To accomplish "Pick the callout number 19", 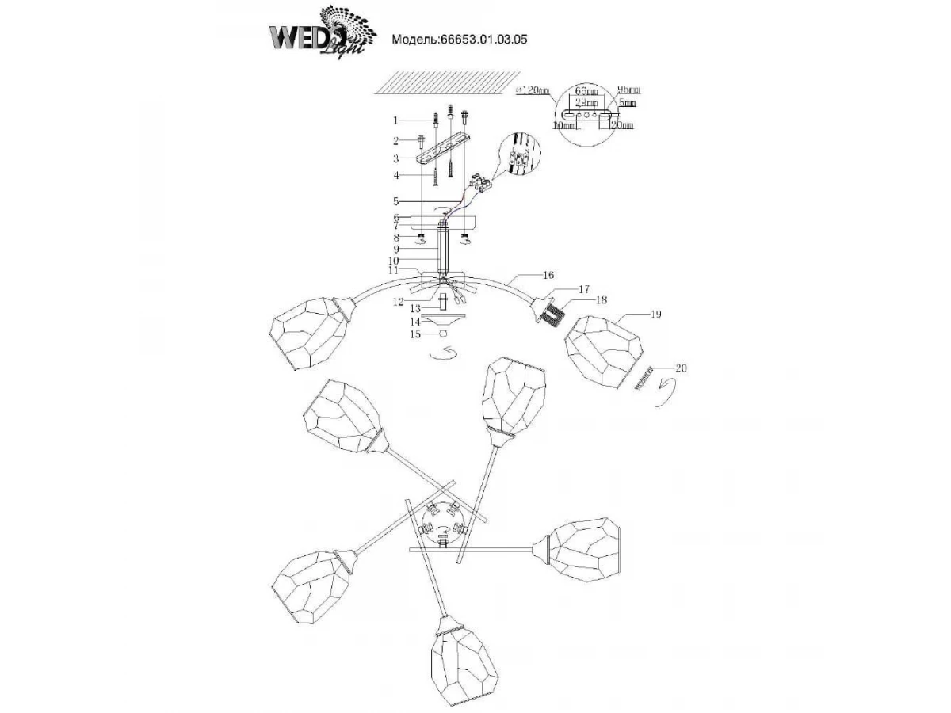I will [x=655, y=315].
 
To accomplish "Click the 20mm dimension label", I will [x=622, y=125].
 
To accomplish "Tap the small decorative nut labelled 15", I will [x=444, y=334].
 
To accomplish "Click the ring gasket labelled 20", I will [x=645, y=378].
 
